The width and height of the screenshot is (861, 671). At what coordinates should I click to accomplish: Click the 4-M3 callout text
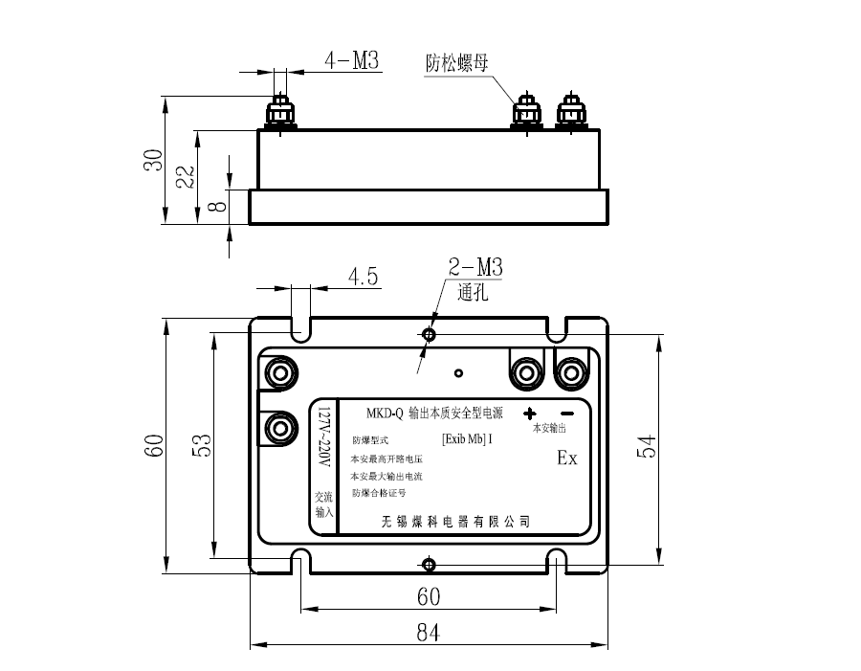[x=352, y=60]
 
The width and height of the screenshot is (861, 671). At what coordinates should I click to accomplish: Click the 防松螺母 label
[x=457, y=64]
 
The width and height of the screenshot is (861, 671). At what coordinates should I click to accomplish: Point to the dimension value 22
[x=186, y=175]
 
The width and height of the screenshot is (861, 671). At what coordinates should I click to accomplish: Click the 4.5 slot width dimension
[x=364, y=278]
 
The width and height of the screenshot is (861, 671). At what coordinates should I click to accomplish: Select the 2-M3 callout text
[x=475, y=268]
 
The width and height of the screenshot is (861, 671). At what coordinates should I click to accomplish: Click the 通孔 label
[x=474, y=293]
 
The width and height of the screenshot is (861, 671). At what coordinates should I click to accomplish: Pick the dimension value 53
[x=202, y=445]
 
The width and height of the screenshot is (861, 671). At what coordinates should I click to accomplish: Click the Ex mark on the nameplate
[x=567, y=459]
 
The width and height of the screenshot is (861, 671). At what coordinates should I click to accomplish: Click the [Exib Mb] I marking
[x=467, y=440]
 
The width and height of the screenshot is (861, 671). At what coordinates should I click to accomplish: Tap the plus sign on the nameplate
[x=529, y=414]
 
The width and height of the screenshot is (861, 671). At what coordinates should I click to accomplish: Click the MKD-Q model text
[x=386, y=414]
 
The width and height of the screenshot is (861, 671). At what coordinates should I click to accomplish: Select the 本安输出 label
[x=550, y=428]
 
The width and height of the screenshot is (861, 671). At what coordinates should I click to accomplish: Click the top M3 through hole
[x=429, y=334]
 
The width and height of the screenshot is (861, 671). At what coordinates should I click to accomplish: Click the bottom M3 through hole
[x=429, y=563]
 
